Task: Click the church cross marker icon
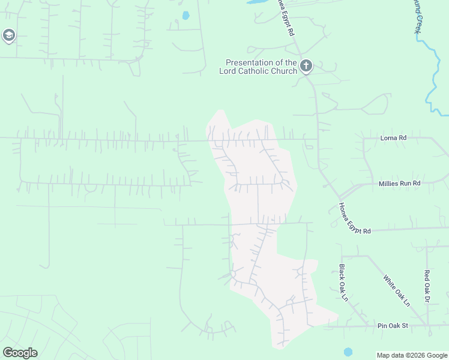tap(306, 65)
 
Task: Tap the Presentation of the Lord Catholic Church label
tap(261, 67)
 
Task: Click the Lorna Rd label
tap(393, 138)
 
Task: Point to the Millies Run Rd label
tap(400, 183)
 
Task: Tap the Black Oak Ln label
tap(342, 283)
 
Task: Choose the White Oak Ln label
tap(396, 290)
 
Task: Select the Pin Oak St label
tap(393, 326)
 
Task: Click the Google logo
tap(20, 352)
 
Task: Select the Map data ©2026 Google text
tap(412, 355)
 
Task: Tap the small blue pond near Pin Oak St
tap(348, 352)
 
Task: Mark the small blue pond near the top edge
tap(185, 16)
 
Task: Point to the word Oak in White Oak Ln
tap(397, 291)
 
